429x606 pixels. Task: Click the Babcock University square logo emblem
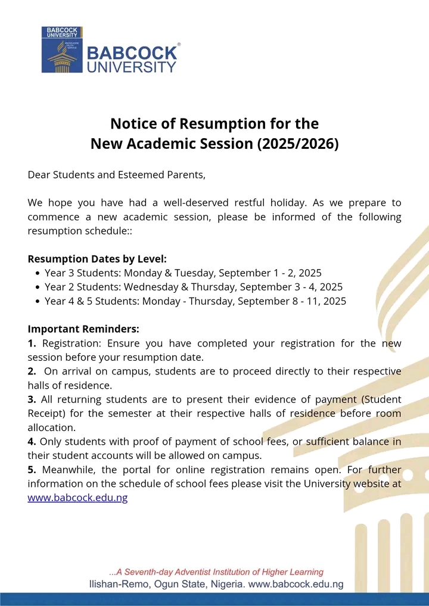pyautogui.click(x=62, y=49)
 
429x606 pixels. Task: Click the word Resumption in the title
pyautogui.click(x=214, y=124)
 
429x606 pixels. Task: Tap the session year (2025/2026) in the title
pyautogui.click(x=298, y=143)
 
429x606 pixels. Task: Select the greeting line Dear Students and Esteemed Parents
pyautogui.click(x=116, y=175)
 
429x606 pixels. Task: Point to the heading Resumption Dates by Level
pyautogui.click(x=97, y=259)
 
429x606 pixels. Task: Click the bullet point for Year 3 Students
pyautogui.click(x=38, y=274)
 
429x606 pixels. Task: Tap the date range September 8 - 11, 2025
pyautogui.click(x=292, y=301)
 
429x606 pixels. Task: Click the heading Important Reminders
pyautogui.click(x=83, y=329)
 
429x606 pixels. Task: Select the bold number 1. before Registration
pyautogui.click(x=32, y=343)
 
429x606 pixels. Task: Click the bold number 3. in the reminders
pyautogui.click(x=32, y=399)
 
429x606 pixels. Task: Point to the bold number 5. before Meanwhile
pyautogui.click(x=32, y=470)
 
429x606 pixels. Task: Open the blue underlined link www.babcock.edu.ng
pyautogui.click(x=77, y=498)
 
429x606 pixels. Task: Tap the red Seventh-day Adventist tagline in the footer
pyautogui.click(x=216, y=572)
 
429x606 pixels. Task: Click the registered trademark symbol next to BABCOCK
pyautogui.click(x=179, y=45)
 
